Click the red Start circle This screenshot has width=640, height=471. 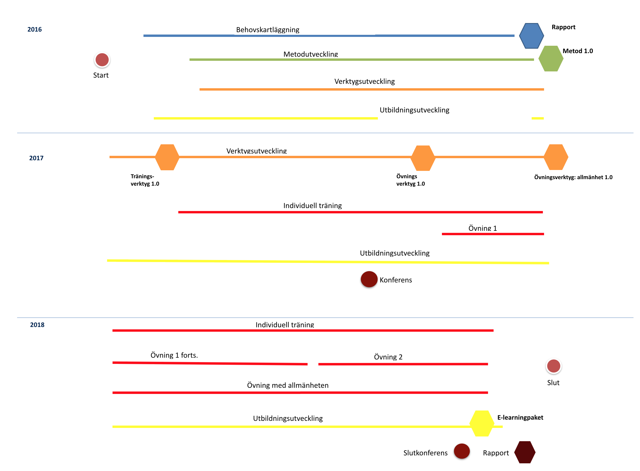point(102,60)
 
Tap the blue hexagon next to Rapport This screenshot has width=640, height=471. point(531,36)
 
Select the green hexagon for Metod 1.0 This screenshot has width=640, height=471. point(551,58)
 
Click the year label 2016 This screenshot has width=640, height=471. point(35,30)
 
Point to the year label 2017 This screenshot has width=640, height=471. point(36,158)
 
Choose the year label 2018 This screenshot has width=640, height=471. point(37,325)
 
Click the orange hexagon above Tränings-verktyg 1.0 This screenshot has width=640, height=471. point(167,157)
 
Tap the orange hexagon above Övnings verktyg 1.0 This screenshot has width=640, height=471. point(423,158)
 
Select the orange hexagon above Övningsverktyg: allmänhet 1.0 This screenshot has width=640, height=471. point(556,157)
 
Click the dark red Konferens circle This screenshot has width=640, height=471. point(369,279)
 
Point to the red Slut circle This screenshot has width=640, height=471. point(554,366)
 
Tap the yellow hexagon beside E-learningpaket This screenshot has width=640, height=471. point(482,423)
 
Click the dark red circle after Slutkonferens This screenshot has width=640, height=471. point(462,451)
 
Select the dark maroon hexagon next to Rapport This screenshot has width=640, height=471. point(525,452)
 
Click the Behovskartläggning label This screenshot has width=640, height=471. point(268,30)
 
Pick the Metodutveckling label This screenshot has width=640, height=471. point(311,54)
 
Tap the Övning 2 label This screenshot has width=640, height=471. point(388,357)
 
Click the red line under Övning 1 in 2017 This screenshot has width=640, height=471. point(493,234)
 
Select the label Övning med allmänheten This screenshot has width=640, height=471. point(288,385)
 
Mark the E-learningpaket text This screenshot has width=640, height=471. point(520,418)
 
